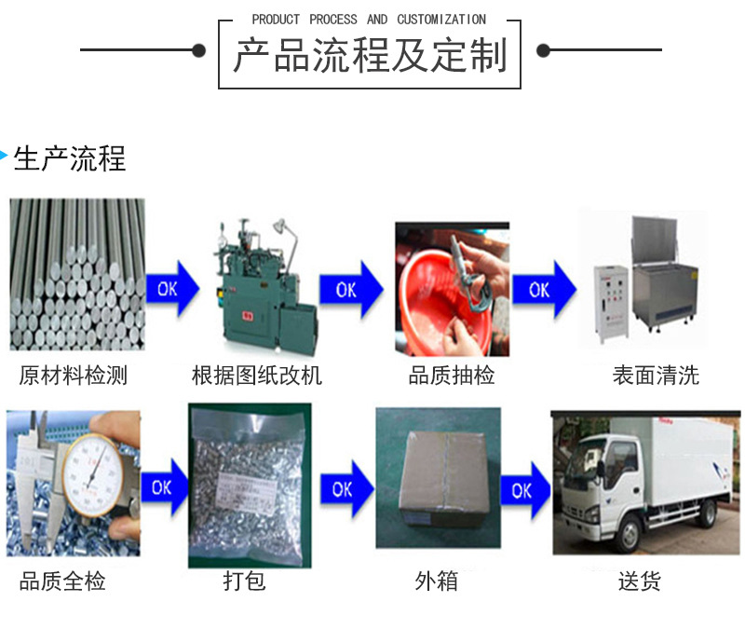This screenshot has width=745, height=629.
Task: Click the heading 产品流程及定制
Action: pos(369,56)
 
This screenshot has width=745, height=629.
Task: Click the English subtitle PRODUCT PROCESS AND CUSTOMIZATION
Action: pos(369,20)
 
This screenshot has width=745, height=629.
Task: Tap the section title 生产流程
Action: pos(70,158)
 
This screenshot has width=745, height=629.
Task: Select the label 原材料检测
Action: pos(74,376)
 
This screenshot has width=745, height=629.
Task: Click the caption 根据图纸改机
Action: pos(256,376)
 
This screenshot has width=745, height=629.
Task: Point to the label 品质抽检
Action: pos(452,376)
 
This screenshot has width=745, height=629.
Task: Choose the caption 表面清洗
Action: pos(656,376)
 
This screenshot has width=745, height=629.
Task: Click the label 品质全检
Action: pos(62,582)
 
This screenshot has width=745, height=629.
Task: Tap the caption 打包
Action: pos(244,582)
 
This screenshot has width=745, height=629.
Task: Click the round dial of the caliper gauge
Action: pos(90,472)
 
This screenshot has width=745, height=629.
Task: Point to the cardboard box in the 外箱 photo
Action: pos(438,477)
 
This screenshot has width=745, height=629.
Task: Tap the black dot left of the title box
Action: pos(198,50)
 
